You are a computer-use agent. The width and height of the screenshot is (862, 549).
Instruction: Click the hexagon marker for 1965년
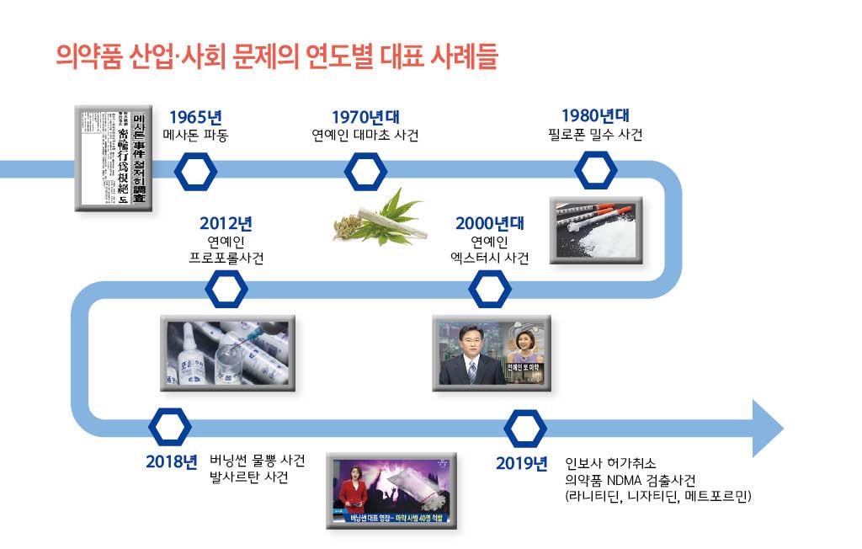pos(195,171)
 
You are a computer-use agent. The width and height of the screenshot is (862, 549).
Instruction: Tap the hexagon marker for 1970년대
pos(366,171)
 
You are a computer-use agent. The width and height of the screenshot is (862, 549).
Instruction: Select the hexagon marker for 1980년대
pos(596,171)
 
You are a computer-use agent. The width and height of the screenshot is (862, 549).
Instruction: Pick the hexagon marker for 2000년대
pos(489,290)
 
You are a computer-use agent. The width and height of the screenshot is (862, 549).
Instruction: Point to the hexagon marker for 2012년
pos(226,290)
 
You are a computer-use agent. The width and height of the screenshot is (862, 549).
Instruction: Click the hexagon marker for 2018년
pos(169,427)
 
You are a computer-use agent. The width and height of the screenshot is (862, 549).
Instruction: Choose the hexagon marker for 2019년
pos(525,427)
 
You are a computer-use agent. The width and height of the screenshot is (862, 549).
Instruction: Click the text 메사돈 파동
pos(195,135)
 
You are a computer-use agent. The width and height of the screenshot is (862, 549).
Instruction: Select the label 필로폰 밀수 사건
pos(595,135)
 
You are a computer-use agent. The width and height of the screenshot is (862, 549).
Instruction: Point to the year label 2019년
pos(521,463)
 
